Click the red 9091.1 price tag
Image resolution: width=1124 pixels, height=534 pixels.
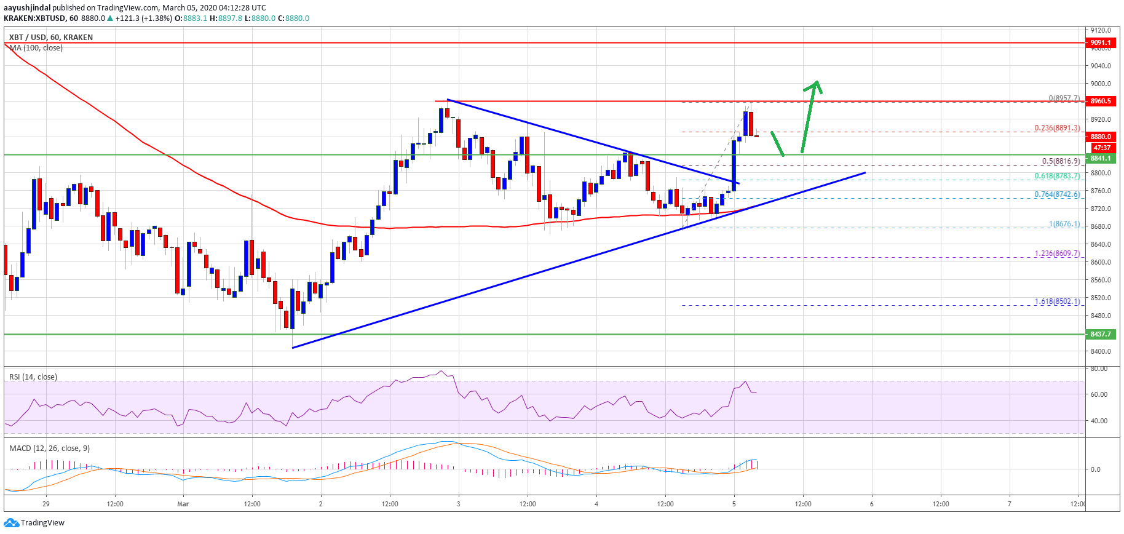(1100, 43)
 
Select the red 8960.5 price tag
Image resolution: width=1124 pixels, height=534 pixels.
(1100, 101)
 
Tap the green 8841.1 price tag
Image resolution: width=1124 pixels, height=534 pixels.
(1100, 158)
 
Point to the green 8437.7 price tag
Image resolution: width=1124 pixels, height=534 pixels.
(1100, 334)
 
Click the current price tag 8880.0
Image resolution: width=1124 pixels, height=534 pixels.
(1100, 137)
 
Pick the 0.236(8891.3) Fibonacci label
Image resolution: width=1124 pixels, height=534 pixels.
(1056, 128)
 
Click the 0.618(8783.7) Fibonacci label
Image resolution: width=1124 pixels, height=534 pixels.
(1056, 176)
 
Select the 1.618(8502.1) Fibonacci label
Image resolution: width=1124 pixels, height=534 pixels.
(1056, 301)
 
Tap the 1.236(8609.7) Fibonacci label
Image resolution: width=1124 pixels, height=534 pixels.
(1056, 253)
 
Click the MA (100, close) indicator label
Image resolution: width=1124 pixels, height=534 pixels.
(36, 48)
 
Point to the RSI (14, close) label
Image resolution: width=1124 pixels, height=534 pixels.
(33, 377)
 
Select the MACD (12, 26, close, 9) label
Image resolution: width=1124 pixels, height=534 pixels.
(49, 448)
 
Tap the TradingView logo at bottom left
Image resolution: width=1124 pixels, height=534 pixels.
(34, 523)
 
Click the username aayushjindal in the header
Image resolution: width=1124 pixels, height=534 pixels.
(27, 8)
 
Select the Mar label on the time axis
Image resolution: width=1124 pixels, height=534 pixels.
(183, 504)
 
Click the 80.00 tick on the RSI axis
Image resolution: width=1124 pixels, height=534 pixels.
(1099, 369)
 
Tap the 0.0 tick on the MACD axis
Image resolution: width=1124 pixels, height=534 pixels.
(1095, 469)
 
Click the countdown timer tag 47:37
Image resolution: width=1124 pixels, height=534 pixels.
(1100, 148)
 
